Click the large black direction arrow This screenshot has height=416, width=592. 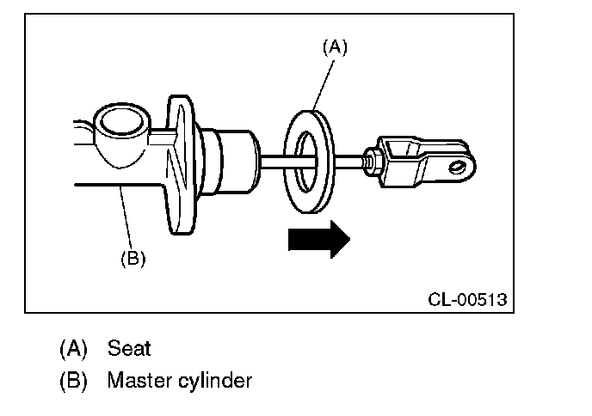(x=318, y=238)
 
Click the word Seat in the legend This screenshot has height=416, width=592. (x=129, y=348)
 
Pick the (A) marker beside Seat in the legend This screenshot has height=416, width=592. (x=73, y=348)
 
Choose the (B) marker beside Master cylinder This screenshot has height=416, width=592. (x=73, y=379)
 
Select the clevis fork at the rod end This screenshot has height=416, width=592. (x=426, y=159)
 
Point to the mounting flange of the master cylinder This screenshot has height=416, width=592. (x=182, y=163)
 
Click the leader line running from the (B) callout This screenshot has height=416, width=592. (x=127, y=219)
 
